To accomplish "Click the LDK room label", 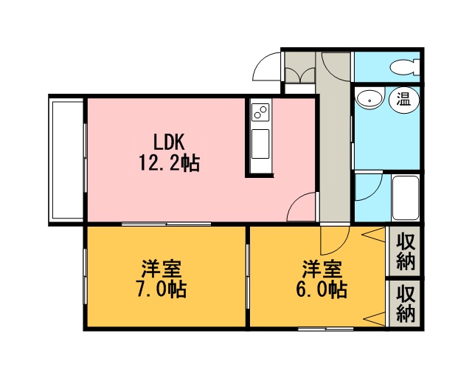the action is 169,142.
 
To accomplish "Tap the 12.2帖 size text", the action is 169,163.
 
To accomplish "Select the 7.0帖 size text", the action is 162,289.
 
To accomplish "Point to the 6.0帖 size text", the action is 322,289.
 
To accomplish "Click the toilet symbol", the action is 404,67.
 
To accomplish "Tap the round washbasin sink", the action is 369,98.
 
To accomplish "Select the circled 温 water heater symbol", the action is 403,99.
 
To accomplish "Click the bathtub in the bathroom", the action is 405,198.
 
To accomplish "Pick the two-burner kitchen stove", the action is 260,111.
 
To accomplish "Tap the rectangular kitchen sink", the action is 260,144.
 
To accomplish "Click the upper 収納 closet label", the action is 405,252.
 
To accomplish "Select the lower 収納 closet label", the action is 405,304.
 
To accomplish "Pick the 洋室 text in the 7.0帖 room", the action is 162,268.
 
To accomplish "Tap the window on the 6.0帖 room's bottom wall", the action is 326,329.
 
